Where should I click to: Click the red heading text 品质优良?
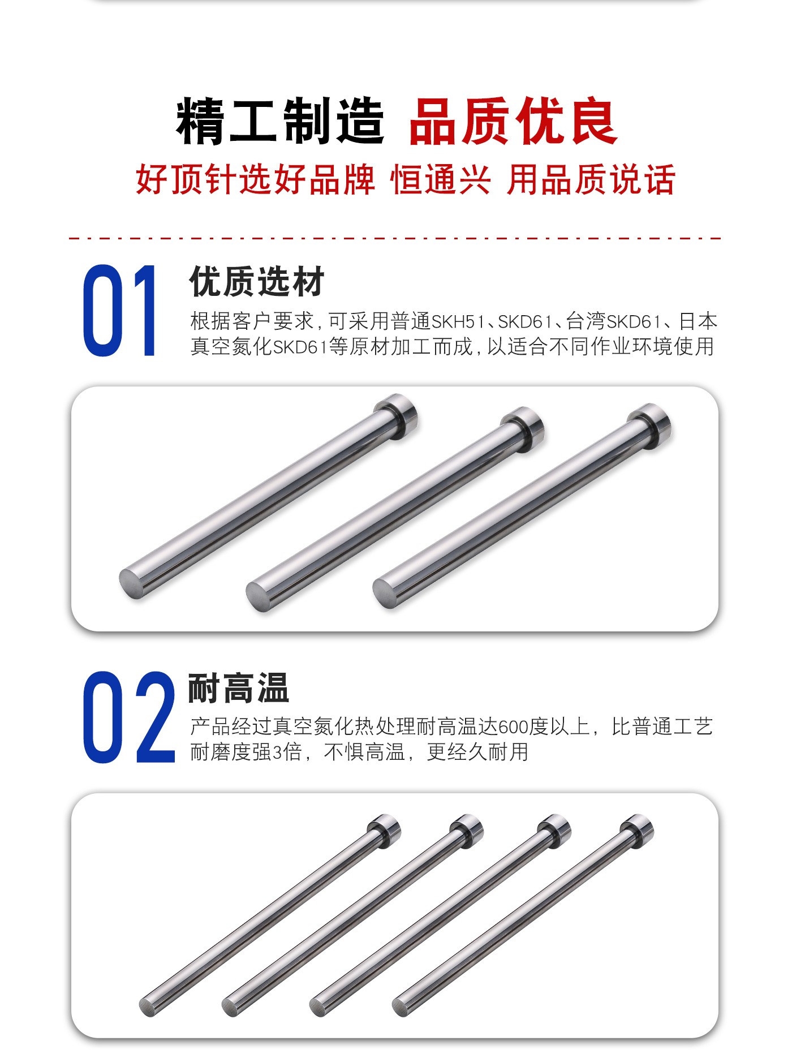513,121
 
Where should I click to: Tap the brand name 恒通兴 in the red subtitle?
441,180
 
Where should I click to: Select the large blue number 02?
129,717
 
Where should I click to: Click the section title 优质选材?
257,281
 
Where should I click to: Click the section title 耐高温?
239,687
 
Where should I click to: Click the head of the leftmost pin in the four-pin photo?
385,829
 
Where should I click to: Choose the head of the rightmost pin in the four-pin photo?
638,829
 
